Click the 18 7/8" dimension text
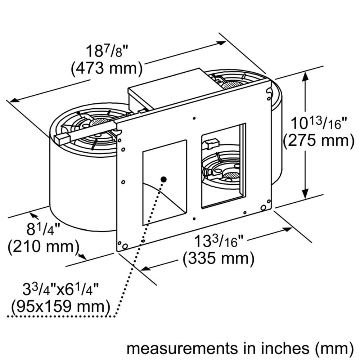[107, 51]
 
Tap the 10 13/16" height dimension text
[319, 123]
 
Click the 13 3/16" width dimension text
[217, 241]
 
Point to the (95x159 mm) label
[60, 307]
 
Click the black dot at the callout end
[163, 179]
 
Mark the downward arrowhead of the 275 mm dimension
[305, 194]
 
